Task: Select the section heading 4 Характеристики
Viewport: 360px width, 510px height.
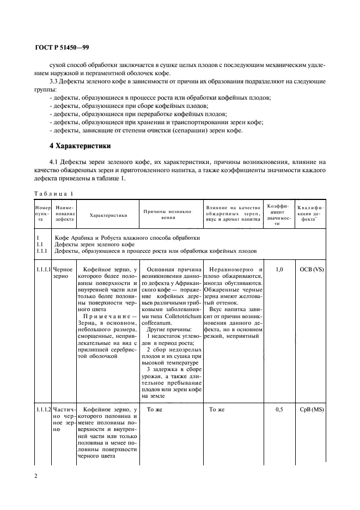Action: pyautogui.click(x=80, y=146)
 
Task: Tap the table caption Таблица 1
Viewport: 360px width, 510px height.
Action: pyautogui.click(x=53, y=194)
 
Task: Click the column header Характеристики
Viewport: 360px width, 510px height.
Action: pyautogui.click(x=108, y=215)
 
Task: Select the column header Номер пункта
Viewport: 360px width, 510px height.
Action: pyautogui.click(x=42, y=215)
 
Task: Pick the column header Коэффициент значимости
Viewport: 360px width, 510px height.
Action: pyautogui.click(x=278, y=215)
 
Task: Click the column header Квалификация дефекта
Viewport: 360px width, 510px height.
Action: pyautogui.click(x=311, y=215)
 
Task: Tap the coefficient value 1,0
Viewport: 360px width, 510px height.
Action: pyautogui.click(x=279, y=269)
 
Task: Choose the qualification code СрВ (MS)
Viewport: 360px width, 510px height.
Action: pyautogui.click(x=311, y=409)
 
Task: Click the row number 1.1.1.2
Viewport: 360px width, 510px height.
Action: pyautogui.click(x=43, y=409)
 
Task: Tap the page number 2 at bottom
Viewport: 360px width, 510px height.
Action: pyautogui.click(x=36, y=476)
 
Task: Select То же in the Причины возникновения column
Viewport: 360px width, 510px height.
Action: pyautogui.click(x=155, y=409)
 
